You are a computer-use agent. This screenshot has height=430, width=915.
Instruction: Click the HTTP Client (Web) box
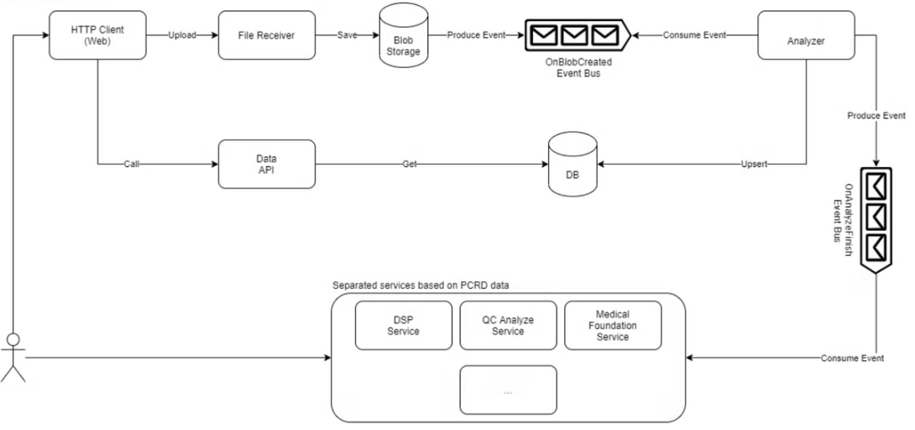(x=97, y=35)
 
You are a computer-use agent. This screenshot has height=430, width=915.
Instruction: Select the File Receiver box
(x=267, y=35)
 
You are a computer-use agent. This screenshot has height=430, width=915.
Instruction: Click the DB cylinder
(x=573, y=164)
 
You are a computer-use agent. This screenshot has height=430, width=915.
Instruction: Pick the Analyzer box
(x=806, y=35)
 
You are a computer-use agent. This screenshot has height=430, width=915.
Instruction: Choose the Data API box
(x=267, y=164)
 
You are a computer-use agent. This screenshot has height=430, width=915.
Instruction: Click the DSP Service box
(x=403, y=326)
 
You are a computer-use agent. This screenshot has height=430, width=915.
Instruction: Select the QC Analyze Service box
(x=508, y=326)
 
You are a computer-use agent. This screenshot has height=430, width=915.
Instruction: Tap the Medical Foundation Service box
(x=613, y=326)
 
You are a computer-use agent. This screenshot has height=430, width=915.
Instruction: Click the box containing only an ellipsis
(x=508, y=390)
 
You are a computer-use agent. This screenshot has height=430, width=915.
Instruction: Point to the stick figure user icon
(x=13, y=357)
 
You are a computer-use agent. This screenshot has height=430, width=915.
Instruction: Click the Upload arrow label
(x=182, y=35)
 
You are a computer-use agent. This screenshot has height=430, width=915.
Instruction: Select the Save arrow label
(x=348, y=35)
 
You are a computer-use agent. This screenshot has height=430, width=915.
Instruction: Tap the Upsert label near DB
(x=754, y=165)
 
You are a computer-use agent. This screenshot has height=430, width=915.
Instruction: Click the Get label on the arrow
(x=409, y=165)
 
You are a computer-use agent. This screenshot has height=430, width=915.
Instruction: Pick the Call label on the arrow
(x=131, y=165)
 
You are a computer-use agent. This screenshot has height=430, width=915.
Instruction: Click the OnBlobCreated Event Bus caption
(x=578, y=67)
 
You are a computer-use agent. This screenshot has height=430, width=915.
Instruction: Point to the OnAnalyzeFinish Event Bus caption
(x=843, y=219)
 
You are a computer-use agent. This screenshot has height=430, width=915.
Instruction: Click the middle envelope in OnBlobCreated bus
(x=575, y=35)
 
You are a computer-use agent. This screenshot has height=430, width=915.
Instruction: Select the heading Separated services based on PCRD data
(x=421, y=286)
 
